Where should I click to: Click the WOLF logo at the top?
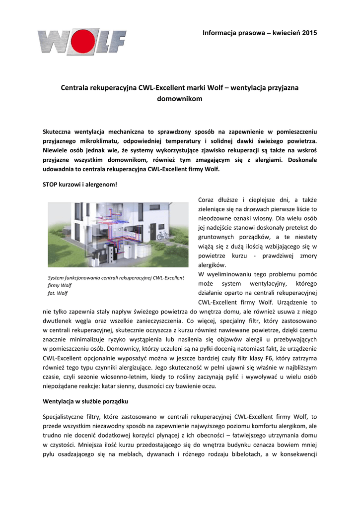coord(81,42)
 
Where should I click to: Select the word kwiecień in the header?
coord(284,33)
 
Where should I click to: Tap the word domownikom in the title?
coord(180,99)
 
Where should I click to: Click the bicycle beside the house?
coord(162,235)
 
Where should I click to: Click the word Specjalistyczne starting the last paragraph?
coord(65,417)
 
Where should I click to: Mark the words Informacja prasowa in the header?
coord(232,33)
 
